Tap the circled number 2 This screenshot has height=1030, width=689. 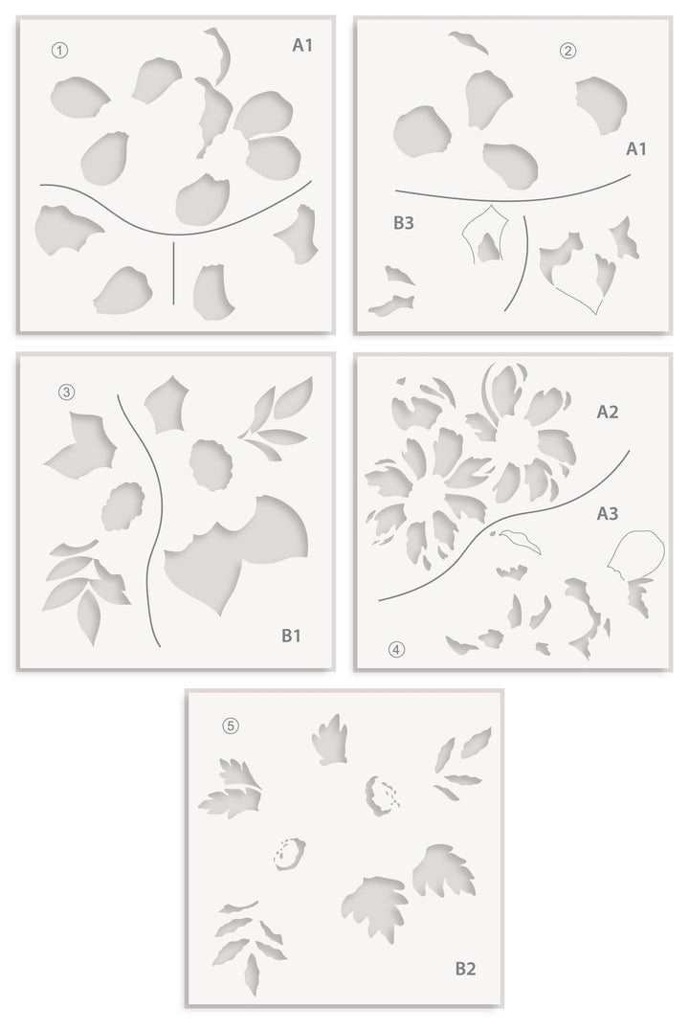pos(569,51)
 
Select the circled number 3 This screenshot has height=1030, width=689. pos(66,392)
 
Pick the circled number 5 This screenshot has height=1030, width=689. pos(230,725)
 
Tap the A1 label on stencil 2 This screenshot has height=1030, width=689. pos(637,148)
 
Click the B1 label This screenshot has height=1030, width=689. pos(292,635)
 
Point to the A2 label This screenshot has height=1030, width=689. pos(608,413)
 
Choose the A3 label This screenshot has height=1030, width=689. pos(608,513)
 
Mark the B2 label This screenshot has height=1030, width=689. pos(465,969)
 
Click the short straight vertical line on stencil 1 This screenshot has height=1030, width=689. pos(173,273)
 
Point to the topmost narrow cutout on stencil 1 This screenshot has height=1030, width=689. pos(224,56)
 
